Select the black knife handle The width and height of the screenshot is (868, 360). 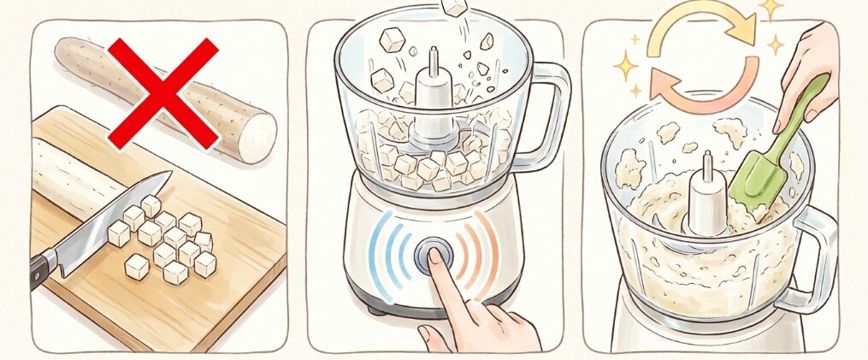(x=41, y=269)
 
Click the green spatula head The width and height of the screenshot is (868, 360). (x=757, y=184)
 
